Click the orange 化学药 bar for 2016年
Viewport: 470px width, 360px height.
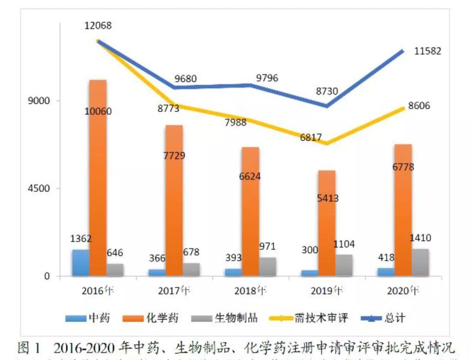click(x=97, y=178)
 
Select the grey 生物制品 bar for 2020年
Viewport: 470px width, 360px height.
click(x=420, y=262)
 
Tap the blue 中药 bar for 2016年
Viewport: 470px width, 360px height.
click(x=81, y=262)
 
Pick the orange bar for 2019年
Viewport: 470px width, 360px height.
click(x=326, y=223)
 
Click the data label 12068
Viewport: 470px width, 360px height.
click(x=97, y=25)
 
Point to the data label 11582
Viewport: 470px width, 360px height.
click(x=427, y=51)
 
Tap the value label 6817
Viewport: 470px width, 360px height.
click(x=311, y=138)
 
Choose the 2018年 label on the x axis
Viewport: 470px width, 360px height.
click(x=251, y=290)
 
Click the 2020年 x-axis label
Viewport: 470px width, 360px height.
click(x=403, y=290)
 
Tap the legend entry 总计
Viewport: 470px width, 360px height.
click(x=383, y=318)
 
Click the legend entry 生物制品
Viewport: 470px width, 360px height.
click(x=224, y=318)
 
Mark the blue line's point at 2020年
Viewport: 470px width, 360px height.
click(x=403, y=51)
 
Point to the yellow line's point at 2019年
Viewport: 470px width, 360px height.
click(x=326, y=143)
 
